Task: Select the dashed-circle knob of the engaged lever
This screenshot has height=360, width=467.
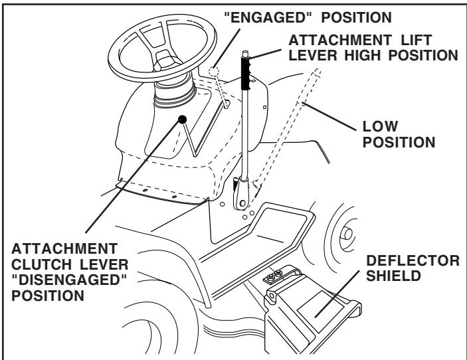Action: coord(215,72)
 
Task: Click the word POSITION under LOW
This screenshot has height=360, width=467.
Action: coord(405,141)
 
